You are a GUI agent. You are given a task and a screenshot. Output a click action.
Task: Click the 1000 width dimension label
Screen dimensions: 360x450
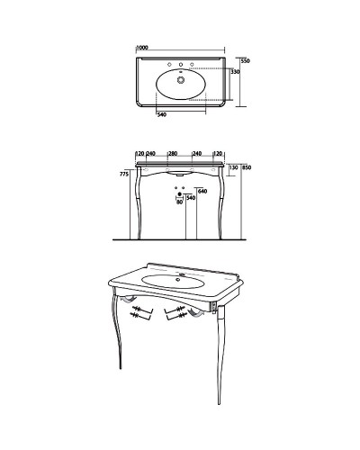pyautogui.click(x=142, y=48)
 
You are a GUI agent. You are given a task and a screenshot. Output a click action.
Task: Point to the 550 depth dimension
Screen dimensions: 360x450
pyautogui.click(x=246, y=61)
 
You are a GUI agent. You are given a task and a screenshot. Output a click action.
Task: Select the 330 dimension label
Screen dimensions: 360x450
pyautogui.click(x=236, y=72)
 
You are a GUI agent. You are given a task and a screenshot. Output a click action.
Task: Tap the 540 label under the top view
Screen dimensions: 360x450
pyautogui.click(x=162, y=114)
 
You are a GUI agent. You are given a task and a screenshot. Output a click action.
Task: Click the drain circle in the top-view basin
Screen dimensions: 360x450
pyautogui.click(x=181, y=80)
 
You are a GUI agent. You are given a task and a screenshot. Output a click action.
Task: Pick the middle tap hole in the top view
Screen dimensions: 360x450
pyautogui.click(x=181, y=65)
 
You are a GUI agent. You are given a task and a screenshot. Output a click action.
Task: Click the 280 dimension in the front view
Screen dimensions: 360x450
pyautogui.click(x=173, y=154)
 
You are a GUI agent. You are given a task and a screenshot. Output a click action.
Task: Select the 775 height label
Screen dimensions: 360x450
pyautogui.click(x=124, y=174)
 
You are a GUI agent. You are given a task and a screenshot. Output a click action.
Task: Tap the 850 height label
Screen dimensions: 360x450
pyautogui.click(x=247, y=167)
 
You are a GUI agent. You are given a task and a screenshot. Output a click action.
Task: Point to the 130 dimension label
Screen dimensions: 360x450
pyautogui.click(x=233, y=167)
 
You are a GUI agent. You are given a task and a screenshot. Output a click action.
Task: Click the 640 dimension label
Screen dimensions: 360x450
pyautogui.click(x=202, y=191)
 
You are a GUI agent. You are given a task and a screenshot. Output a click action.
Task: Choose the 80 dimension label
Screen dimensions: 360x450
pyautogui.click(x=179, y=202)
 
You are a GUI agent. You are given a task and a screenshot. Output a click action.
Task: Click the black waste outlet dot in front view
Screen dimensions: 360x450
pyautogui.click(x=180, y=194)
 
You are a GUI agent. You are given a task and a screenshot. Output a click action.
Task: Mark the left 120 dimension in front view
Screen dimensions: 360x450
pyautogui.click(x=140, y=154)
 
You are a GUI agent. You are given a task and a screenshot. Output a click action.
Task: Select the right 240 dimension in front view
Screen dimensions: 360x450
pyautogui.click(x=197, y=154)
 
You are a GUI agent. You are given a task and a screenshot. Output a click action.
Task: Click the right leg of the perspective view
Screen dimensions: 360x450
pyautogui.click(x=220, y=355)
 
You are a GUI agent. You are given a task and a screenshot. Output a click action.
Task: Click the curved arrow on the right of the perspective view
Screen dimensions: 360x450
pyautogui.click(x=195, y=313)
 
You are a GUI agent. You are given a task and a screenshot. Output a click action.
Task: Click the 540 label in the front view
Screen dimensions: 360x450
pyautogui.click(x=191, y=198)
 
